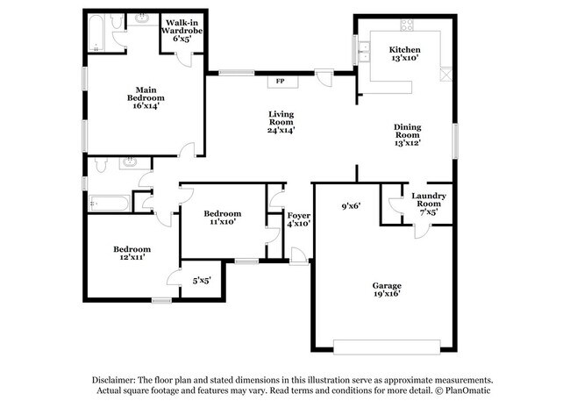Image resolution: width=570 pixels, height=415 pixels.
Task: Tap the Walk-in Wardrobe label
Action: [x=182, y=31]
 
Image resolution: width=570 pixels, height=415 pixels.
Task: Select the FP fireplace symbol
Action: [x=281, y=82]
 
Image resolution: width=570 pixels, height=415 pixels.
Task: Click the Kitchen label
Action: [x=405, y=54]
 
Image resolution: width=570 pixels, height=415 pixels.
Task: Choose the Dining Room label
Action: [x=408, y=134]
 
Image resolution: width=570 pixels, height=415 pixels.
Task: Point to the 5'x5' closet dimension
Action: [x=201, y=281]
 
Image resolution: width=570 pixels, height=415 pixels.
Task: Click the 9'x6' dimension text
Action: [x=353, y=207]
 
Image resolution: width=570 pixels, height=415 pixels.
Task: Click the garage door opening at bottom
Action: [x=382, y=343]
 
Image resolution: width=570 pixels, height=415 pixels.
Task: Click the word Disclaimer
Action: [x=117, y=379]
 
